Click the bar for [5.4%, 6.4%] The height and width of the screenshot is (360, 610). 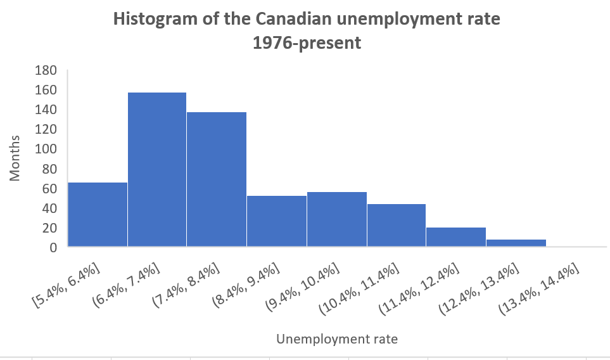98,214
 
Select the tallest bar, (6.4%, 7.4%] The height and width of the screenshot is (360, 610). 157,169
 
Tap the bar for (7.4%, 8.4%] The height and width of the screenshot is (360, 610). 216,179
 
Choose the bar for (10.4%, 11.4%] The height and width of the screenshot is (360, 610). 397,225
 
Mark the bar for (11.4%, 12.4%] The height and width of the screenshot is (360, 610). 456,236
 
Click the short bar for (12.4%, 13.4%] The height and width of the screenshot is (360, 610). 516,243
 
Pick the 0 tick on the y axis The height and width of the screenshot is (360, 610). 53,247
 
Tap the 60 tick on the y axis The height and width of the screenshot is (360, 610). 49,188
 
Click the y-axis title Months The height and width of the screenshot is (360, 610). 15,158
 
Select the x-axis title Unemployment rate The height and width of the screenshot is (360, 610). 337,339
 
